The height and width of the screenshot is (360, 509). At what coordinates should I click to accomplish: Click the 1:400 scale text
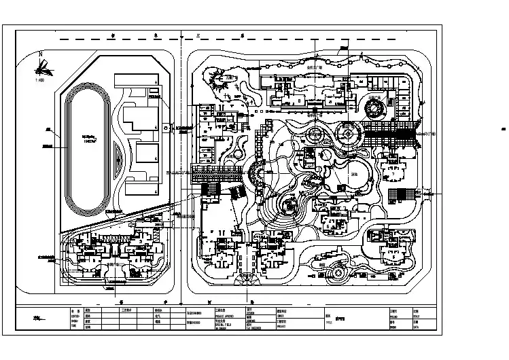tap(38, 80)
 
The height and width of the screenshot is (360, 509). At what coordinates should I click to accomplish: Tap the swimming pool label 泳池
tap(353, 174)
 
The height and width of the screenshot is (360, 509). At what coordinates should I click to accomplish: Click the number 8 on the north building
tap(300, 99)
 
